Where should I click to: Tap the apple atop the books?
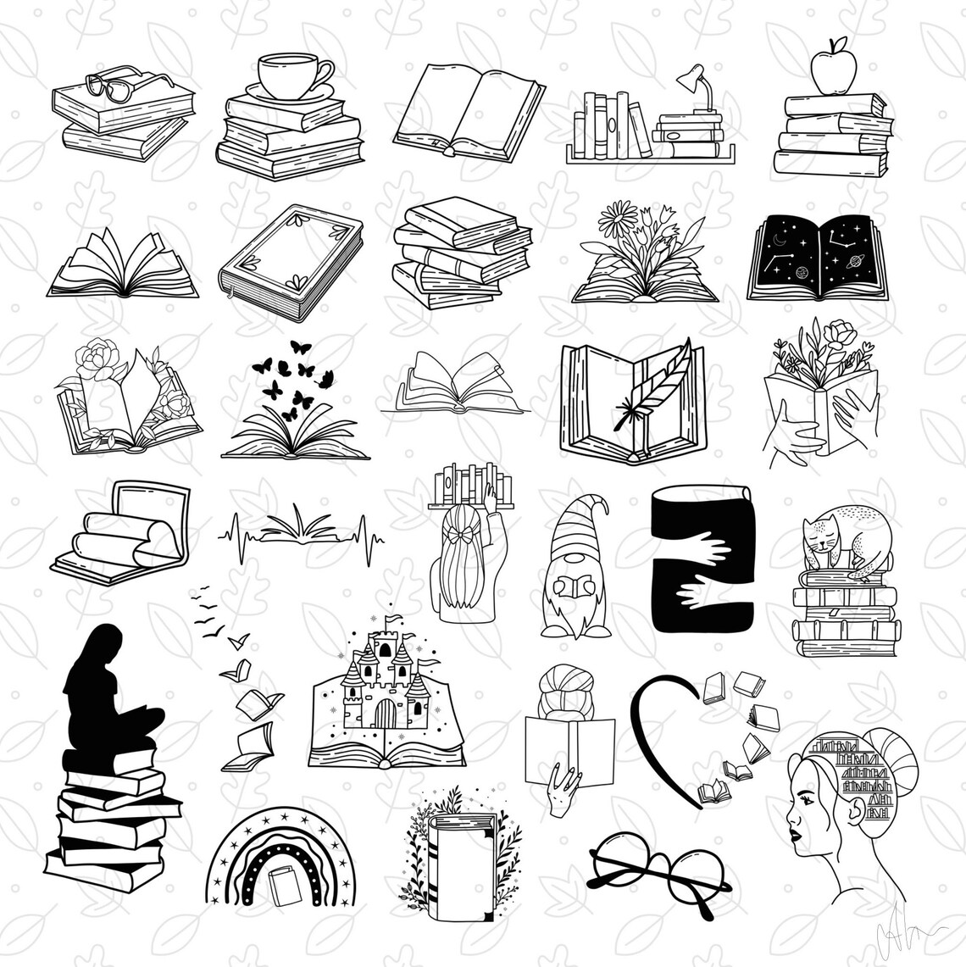pyautogui.click(x=829, y=68)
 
